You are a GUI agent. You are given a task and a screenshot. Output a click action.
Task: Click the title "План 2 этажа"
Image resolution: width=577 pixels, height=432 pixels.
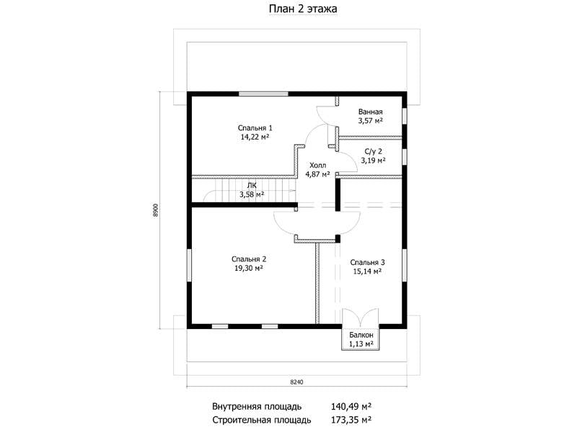click(x=303, y=9)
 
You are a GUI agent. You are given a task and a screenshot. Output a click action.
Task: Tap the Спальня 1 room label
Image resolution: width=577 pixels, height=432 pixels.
click(x=255, y=128)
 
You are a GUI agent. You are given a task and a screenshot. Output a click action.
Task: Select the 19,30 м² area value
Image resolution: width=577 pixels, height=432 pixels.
click(x=249, y=268)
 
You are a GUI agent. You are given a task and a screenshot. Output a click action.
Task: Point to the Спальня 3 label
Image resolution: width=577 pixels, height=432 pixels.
click(x=367, y=262)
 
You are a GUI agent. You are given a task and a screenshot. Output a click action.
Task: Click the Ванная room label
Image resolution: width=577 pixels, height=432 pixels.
click(x=371, y=112)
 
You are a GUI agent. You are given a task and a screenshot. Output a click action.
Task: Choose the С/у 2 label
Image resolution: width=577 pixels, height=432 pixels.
click(x=374, y=151)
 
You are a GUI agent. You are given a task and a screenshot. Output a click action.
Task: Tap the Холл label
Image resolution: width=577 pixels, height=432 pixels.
click(x=317, y=166)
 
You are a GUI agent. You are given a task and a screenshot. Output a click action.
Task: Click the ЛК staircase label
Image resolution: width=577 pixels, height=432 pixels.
click(x=252, y=186)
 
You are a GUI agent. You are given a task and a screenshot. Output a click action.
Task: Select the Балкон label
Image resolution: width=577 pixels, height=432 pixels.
click(x=361, y=335)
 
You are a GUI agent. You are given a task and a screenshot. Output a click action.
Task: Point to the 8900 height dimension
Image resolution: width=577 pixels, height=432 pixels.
click(x=156, y=210)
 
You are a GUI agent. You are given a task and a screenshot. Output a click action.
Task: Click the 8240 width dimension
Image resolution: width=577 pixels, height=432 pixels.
click(x=296, y=382)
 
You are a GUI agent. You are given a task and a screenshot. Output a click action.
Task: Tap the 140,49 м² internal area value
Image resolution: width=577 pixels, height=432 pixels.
click(x=351, y=407)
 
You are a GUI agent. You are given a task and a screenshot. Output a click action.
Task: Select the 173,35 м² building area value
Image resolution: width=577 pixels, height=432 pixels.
click(x=351, y=420)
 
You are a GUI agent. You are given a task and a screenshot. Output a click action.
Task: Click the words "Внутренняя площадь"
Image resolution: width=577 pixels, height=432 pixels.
click(x=257, y=407)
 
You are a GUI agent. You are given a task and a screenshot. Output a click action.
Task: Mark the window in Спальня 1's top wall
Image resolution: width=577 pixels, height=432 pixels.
click(x=263, y=94)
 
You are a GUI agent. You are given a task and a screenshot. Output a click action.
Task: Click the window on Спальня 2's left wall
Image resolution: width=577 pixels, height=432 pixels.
click(x=189, y=265)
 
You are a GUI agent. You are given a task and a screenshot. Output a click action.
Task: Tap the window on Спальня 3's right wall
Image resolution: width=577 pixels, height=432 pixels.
click(x=404, y=265)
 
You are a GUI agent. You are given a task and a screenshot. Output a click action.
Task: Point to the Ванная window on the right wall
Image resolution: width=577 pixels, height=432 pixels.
click(x=404, y=116)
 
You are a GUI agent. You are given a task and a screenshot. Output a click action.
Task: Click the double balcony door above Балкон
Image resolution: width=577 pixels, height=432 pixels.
click(x=361, y=317)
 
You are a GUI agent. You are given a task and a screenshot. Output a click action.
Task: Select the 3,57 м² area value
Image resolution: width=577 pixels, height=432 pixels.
click(x=371, y=120)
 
